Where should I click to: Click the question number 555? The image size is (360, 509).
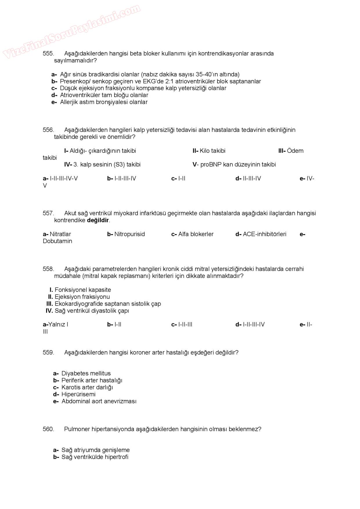(x=48, y=53)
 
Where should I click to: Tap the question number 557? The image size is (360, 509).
(x=48, y=213)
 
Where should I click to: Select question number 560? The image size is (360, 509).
(x=48, y=429)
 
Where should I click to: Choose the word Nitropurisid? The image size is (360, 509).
(x=129, y=234)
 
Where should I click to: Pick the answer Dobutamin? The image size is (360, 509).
(x=57, y=241)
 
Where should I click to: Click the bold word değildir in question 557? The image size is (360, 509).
(x=98, y=220)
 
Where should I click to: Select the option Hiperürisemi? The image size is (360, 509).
(x=78, y=394)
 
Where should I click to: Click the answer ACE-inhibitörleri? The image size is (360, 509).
(x=264, y=234)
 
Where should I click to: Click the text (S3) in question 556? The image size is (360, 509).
(x=119, y=165)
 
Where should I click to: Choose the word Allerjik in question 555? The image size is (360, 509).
(x=70, y=102)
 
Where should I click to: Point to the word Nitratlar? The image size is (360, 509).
(x=60, y=234)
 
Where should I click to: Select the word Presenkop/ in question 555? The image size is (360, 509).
(x=75, y=82)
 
